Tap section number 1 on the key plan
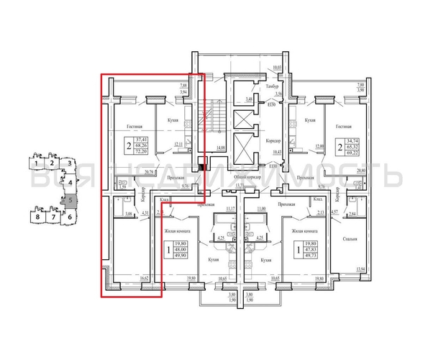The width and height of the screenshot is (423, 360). (35, 165)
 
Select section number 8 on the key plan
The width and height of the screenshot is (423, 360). (35, 216)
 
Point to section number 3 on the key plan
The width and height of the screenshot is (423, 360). (68, 165)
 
